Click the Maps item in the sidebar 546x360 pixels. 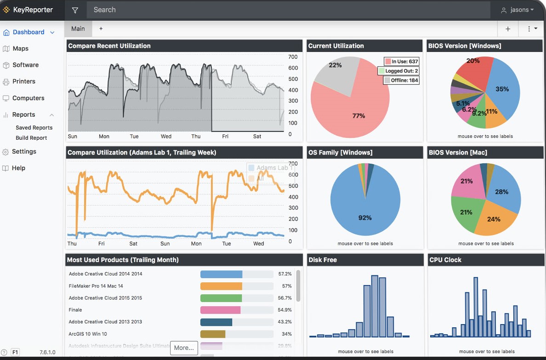coord(20,48)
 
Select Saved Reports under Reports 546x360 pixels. coord(34,128)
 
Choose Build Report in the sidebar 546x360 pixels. coord(31,138)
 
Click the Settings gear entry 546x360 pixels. coord(24,151)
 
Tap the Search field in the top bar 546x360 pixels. coord(290,10)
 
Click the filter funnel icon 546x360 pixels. coord(75,10)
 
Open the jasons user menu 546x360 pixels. coord(518,10)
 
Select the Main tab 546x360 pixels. coord(78,29)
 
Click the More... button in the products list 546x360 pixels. coord(184,348)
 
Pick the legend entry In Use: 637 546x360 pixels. coord(401,61)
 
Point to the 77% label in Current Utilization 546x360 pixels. coord(358,116)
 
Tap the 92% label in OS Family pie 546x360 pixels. coord(365,217)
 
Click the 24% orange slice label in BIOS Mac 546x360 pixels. coord(494,219)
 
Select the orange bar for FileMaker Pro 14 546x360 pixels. coord(221,286)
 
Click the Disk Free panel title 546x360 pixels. coord(323,260)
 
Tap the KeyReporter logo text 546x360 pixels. coord(33,10)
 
